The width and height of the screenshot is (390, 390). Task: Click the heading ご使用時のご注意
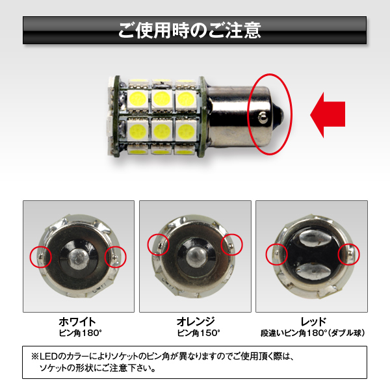tap(190, 30)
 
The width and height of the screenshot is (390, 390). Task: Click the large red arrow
tap(328, 115)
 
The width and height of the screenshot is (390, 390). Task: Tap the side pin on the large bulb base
tap(263, 117)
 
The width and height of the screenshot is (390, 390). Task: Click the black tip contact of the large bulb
tap(279, 114)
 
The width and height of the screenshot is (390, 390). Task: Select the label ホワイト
tap(77, 322)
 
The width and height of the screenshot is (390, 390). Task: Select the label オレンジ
tap(196, 322)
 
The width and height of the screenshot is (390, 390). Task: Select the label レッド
tap(313, 322)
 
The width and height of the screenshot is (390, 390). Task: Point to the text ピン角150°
tap(198, 333)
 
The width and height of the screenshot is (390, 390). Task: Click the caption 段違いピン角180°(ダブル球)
tap(313, 333)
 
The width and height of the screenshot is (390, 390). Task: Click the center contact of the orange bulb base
tap(196, 256)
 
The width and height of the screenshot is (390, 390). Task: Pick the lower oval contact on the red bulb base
tap(314, 270)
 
